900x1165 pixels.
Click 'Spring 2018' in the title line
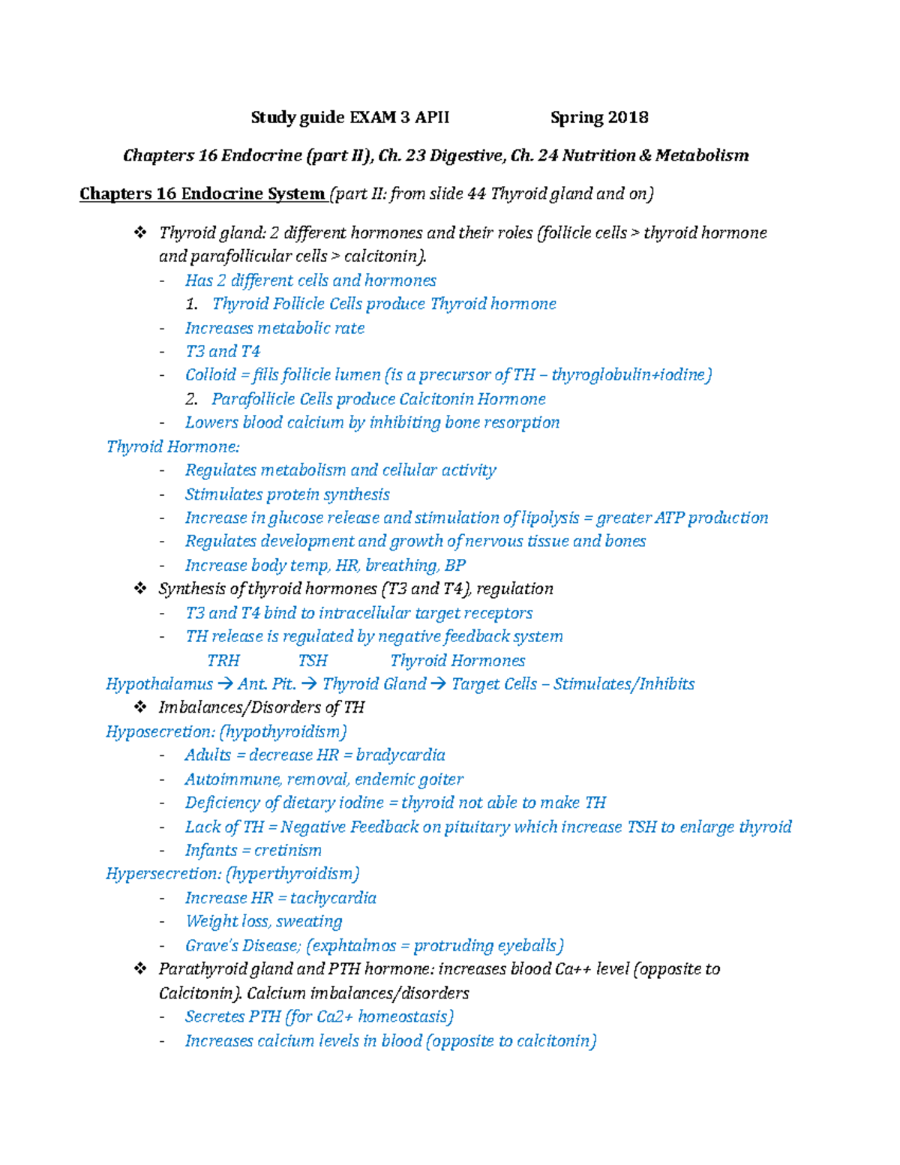point(598,117)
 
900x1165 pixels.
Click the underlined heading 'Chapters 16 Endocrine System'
point(202,194)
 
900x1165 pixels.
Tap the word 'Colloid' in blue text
point(210,374)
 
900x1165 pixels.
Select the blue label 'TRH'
point(223,660)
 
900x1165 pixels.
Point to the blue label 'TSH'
point(312,660)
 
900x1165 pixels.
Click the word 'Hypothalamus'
point(159,683)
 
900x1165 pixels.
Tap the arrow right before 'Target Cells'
point(439,684)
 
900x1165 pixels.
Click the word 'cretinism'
point(288,850)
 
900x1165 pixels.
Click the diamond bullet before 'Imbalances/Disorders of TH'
point(139,707)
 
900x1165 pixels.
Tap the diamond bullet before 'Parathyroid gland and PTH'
point(139,968)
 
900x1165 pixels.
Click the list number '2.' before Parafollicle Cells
point(191,399)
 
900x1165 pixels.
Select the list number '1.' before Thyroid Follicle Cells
point(191,304)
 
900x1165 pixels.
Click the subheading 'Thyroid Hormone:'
point(172,446)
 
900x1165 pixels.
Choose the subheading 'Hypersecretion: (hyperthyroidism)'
point(232,873)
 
